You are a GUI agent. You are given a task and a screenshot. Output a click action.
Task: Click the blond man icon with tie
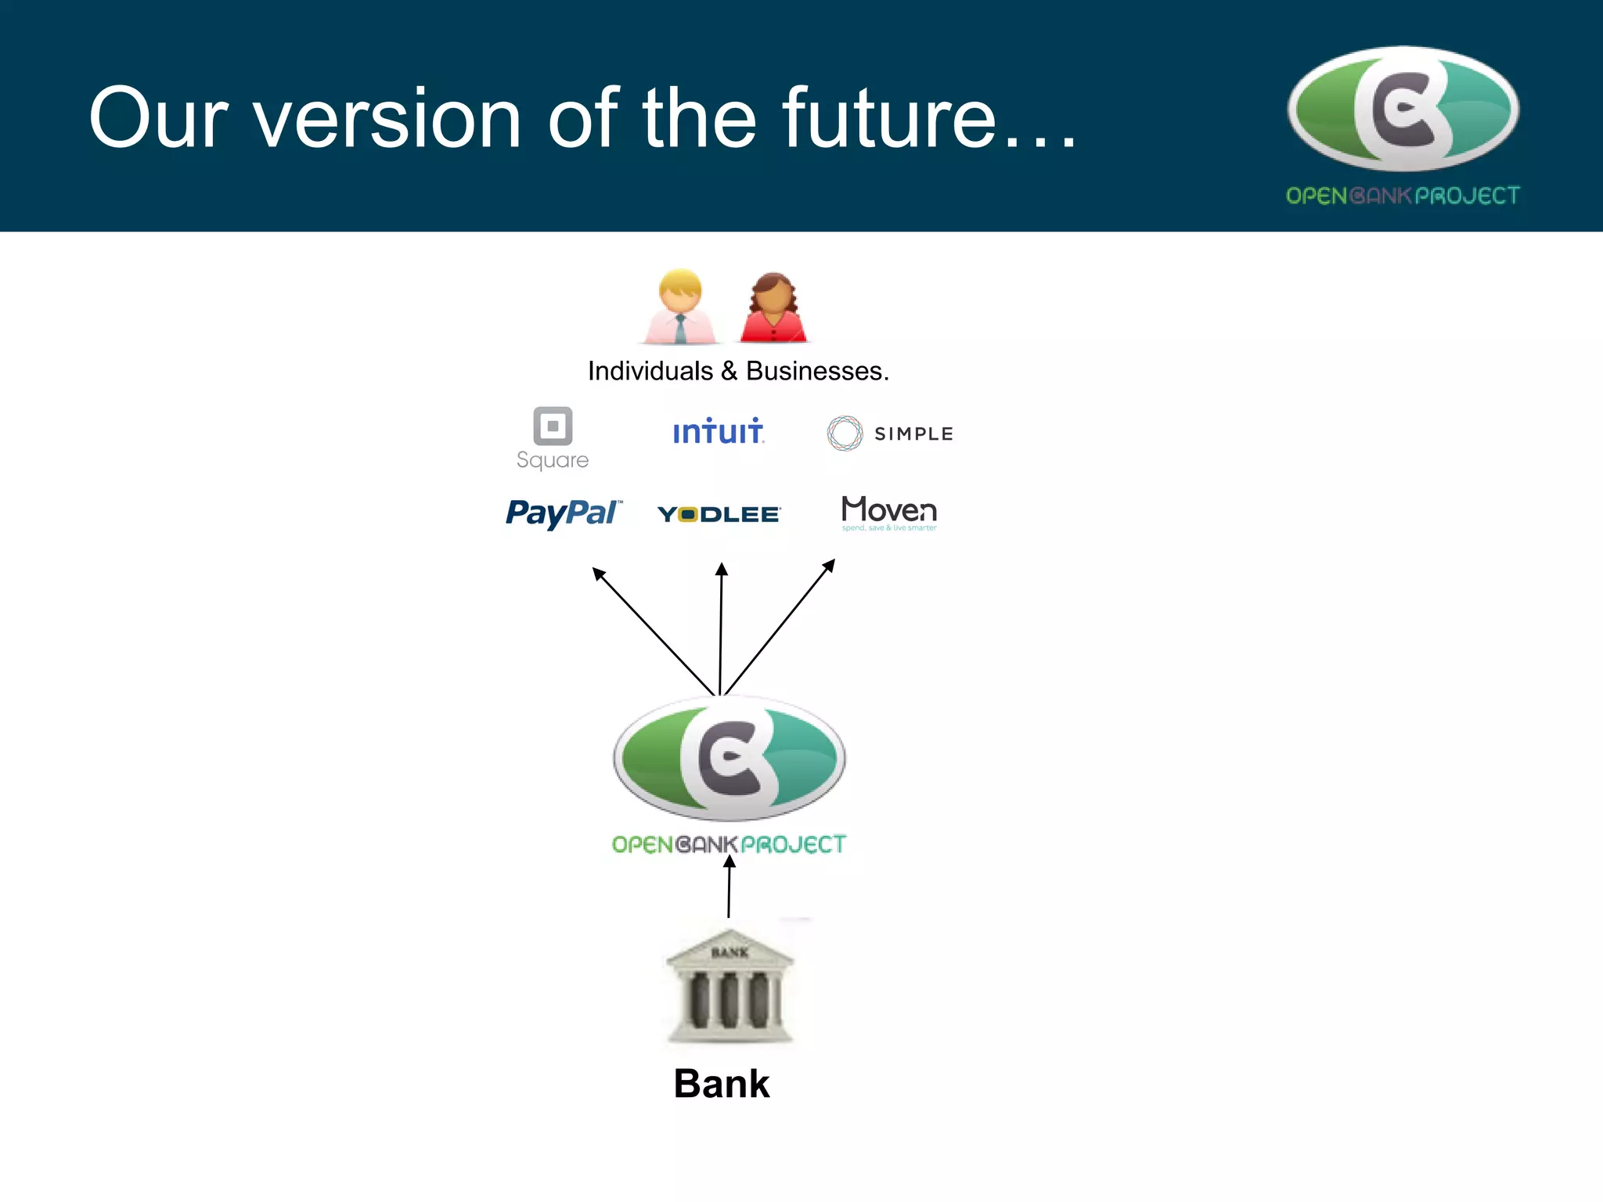click(x=680, y=307)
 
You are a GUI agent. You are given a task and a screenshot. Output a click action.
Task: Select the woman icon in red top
click(x=773, y=308)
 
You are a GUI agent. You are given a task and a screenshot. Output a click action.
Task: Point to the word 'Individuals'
click(x=650, y=371)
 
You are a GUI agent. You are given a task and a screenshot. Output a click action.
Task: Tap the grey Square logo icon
click(x=553, y=426)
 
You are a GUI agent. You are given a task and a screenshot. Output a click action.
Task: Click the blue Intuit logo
click(x=718, y=431)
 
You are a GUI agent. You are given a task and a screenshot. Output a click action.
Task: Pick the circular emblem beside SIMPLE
click(x=845, y=433)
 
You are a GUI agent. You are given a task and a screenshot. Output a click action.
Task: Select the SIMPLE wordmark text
click(x=913, y=434)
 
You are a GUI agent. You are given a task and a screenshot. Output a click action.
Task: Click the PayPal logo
click(x=564, y=513)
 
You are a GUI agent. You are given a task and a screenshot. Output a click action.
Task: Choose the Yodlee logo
click(x=719, y=514)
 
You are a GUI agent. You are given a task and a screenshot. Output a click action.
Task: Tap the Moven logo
click(x=889, y=512)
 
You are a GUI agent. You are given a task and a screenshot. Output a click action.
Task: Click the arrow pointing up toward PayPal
click(x=654, y=631)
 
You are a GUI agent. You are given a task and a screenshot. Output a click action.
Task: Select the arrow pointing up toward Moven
click(x=780, y=627)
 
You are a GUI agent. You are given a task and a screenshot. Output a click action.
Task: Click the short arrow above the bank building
click(x=729, y=887)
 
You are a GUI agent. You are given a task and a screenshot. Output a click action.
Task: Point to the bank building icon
click(x=729, y=986)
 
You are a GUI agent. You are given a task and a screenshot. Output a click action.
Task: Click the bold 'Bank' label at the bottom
click(x=722, y=1084)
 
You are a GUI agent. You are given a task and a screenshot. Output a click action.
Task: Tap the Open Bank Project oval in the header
click(x=1403, y=109)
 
